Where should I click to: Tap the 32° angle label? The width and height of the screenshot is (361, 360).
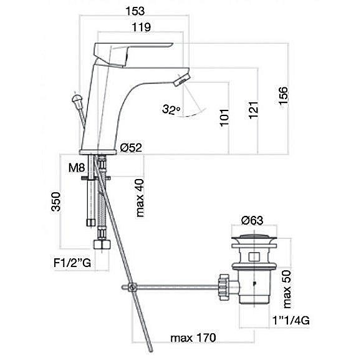170,110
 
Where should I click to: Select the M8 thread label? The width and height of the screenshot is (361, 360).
78,168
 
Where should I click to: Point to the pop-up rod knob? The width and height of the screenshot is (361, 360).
77,99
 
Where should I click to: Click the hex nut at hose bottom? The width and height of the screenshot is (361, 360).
101,245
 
